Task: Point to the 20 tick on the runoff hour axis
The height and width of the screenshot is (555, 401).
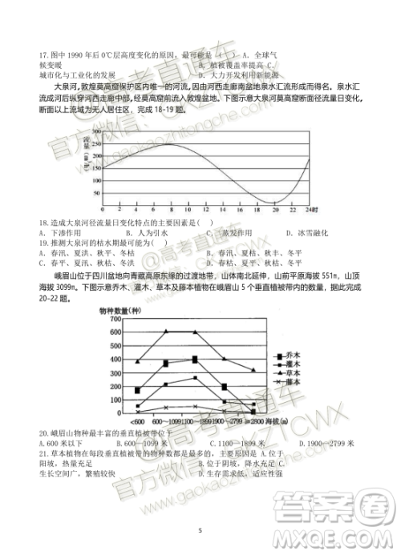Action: (x=274, y=210)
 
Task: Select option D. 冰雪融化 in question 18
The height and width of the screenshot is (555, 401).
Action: (x=304, y=232)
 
